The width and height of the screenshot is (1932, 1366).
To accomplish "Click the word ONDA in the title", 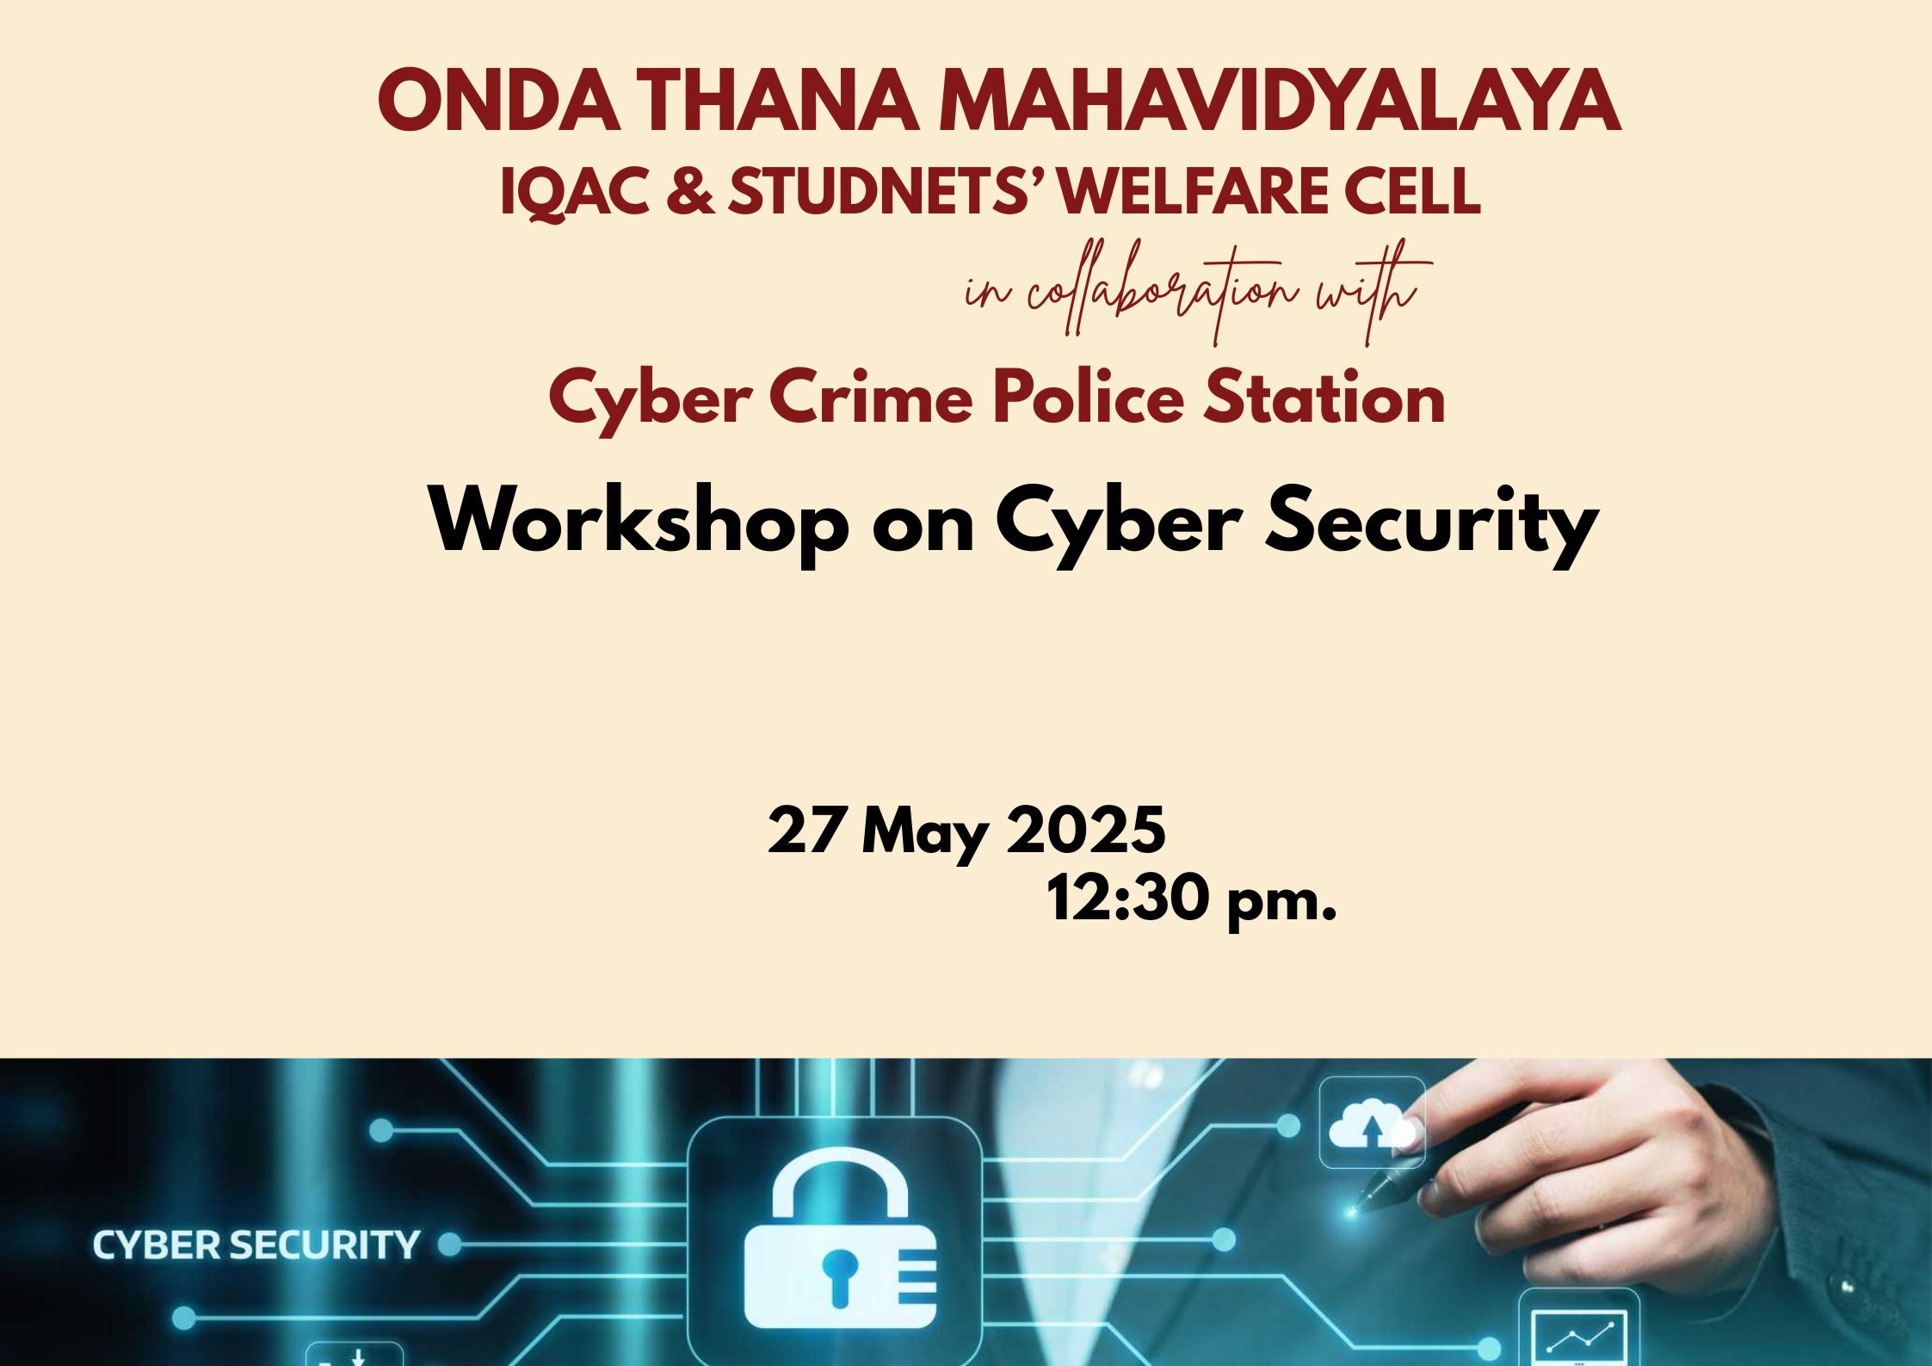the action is [x=500, y=101].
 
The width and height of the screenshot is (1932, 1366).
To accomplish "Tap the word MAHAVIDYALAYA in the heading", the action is [x=1279, y=101].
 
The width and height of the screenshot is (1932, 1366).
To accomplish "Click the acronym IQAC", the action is [x=574, y=192].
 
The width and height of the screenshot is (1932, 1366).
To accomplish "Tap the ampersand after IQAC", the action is [x=689, y=191].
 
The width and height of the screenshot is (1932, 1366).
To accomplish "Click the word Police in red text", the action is [x=1089, y=398].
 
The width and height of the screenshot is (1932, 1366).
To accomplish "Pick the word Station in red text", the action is [x=1324, y=398].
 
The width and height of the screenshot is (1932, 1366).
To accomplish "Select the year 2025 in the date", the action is [x=1086, y=831].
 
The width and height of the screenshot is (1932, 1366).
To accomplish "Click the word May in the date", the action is [x=925, y=835].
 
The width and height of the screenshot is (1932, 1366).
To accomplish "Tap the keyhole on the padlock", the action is [x=840, y=1273].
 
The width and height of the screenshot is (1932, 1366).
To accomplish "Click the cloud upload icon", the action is [x=1372, y=1124].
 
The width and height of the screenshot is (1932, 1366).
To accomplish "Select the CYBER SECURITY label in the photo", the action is [x=256, y=1245].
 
